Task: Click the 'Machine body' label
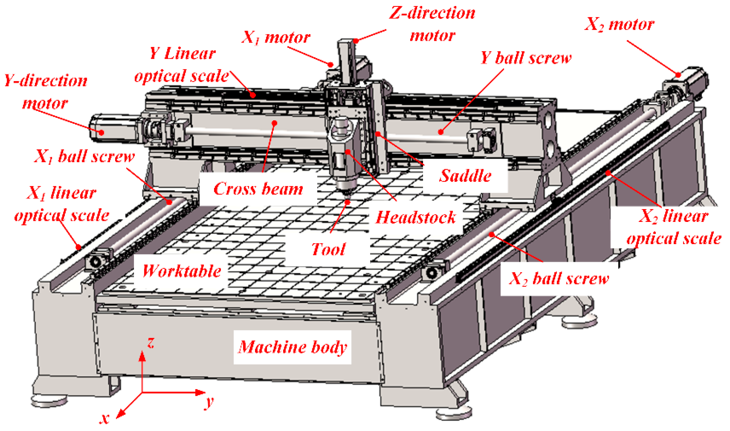(292, 347)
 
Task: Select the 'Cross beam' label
(258, 188)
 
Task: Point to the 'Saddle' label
(465, 175)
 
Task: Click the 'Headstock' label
(416, 217)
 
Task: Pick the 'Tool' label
(328, 249)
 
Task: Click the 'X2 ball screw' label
(559, 278)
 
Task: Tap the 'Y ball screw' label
(526, 58)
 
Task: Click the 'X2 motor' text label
(619, 24)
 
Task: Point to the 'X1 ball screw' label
(84, 156)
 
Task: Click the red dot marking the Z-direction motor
(356, 41)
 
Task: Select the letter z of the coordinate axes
(151, 343)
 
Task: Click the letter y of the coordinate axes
(209, 401)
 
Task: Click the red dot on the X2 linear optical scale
(608, 173)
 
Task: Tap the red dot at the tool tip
(347, 202)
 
